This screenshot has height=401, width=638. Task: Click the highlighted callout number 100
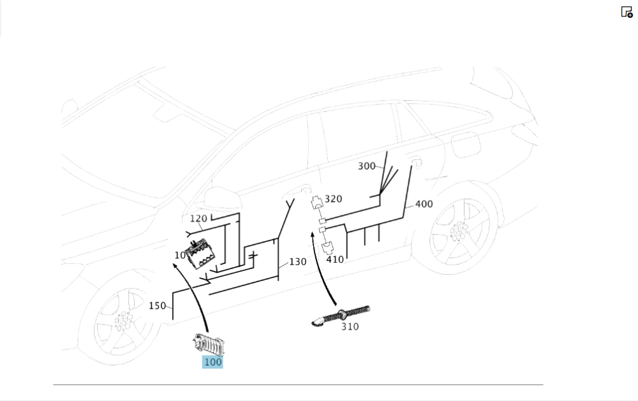[213, 362]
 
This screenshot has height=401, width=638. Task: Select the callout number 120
[198, 219]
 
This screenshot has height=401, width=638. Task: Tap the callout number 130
[298, 262]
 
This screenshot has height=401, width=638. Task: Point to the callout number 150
[157, 306]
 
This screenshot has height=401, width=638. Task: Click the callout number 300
[367, 166]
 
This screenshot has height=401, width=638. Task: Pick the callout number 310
[350, 326]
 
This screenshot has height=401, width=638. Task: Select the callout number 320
[333, 199]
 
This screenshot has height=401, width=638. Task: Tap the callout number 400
[424, 204]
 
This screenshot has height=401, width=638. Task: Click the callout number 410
[335, 259]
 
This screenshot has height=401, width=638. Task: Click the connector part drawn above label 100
[209, 344]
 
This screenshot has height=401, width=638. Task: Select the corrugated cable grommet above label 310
[341, 316]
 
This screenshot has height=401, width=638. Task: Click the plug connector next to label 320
[316, 202]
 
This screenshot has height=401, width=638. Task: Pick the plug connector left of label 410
[327, 247]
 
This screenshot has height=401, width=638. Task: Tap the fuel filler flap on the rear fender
[466, 144]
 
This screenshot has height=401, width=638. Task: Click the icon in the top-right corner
[627, 11]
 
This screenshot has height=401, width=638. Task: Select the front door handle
[297, 191]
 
